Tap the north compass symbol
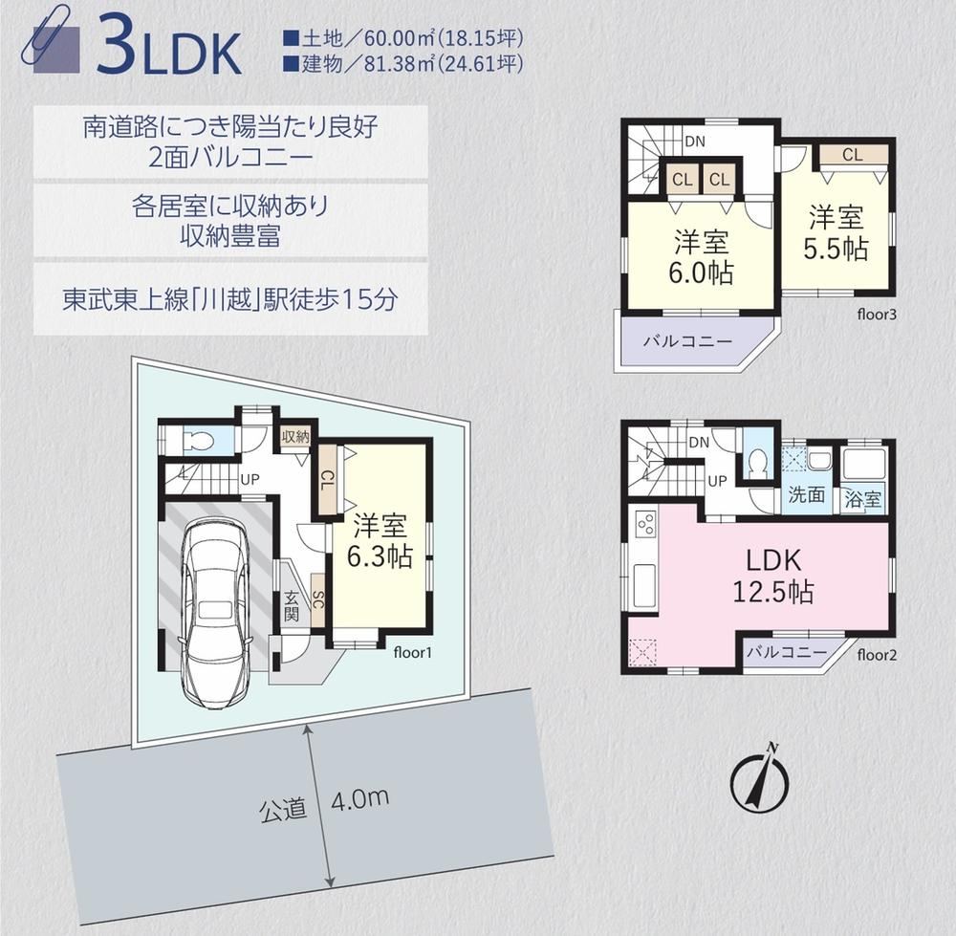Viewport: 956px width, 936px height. (760, 777)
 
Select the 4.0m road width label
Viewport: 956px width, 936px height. (359, 798)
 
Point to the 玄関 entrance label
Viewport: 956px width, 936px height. (292, 605)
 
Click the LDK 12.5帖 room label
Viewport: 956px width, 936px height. (773, 576)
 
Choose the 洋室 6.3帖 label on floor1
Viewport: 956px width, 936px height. (380, 541)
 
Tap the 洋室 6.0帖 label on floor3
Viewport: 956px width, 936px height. (701, 257)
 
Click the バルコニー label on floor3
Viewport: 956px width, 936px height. (687, 340)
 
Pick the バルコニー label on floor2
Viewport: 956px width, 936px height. (787, 652)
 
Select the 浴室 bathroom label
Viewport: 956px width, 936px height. (862, 499)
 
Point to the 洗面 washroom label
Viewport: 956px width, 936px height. (806, 494)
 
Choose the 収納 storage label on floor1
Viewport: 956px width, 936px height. (295, 437)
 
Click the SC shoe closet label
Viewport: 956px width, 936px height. (317, 600)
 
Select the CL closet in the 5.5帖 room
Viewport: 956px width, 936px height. (853, 155)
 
